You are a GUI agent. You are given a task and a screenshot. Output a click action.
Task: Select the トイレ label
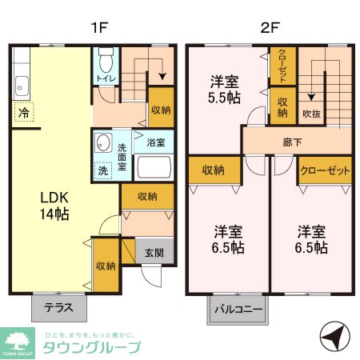pyautogui.click(x=104, y=79)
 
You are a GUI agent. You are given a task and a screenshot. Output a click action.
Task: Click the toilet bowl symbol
pyautogui.click(x=105, y=61)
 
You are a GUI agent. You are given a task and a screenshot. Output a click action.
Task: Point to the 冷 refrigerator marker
pyautogui.click(x=24, y=113)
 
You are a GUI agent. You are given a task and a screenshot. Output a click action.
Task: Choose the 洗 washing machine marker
pyautogui.click(x=102, y=170)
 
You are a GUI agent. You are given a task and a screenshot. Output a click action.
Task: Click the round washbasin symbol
pyautogui.click(x=102, y=142)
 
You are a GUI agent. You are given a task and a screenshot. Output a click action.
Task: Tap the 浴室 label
pyautogui.click(x=155, y=143)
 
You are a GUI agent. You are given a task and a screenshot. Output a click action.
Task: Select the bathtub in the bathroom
pyautogui.click(x=154, y=169)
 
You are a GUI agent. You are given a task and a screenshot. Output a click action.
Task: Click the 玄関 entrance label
pyautogui.click(x=154, y=253)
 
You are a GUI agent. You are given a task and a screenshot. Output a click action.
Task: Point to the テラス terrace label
pyautogui.click(x=59, y=306)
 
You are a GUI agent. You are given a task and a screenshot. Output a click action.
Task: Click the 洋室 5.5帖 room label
pyautogui.click(x=222, y=90)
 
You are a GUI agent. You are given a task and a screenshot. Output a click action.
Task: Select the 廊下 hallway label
pyautogui.click(x=292, y=142)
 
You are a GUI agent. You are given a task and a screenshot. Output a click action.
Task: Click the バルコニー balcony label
pyautogui.click(x=238, y=309)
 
